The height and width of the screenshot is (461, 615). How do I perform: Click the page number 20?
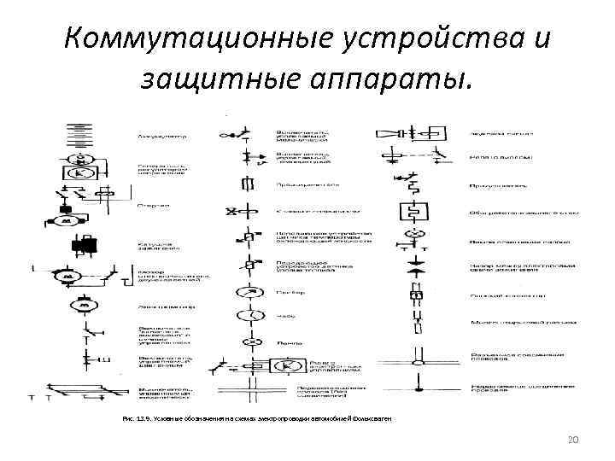pos(573,441)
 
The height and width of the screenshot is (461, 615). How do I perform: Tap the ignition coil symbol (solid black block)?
pos(85,246)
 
